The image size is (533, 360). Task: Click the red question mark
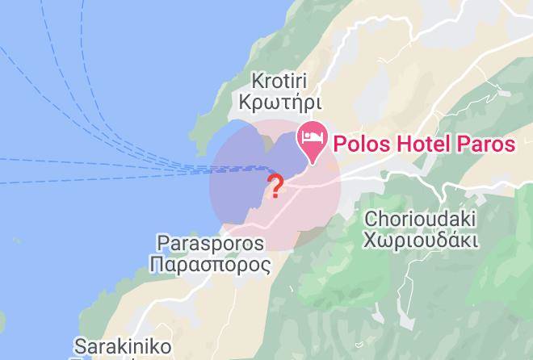tap(275, 186)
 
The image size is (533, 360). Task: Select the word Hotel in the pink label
tap(422, 144)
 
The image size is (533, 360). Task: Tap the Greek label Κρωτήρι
tap(275, 103)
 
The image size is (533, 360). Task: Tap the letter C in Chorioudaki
tap(371, 219)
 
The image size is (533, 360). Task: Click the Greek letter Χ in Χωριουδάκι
tap(370, 241)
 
